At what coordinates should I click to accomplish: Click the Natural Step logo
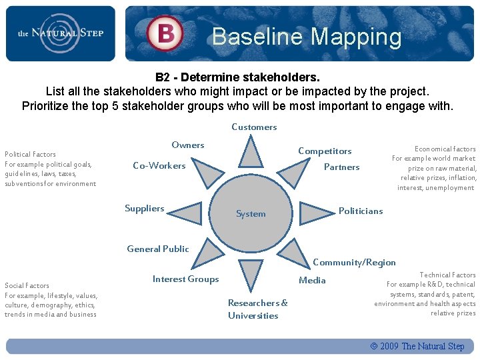pyautogui.click(x=60, y=33)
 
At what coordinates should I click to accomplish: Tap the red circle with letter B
pyautogui.click(x=165, y=33)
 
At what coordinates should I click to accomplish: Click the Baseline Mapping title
pyautogui.click(x=307, y=37)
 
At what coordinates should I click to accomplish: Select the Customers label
pyautogui.click(x=254, y=127)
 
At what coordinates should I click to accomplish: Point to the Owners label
pyautogui.click(x=188, y=145)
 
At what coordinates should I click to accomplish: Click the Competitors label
pyautogui.click(x=325, y=151)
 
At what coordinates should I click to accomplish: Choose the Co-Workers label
pyautogui.click(x=159, y=165)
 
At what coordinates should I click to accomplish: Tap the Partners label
pyautogui.click(x=341, y=167)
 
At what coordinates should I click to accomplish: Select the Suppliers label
pyautogui.click(x=144, y=209)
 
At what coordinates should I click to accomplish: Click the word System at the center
pyautogui.click(x=251, y=214)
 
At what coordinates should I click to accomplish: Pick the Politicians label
pyautogui.click(x=361, y=211)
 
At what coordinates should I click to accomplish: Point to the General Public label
pyautogui.click(x=158, y=249)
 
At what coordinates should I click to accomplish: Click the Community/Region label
pyautogui.click(x=354, y=263)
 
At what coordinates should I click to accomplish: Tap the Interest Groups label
pyautogui.click(x=185, y=279)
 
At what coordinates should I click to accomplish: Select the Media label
pyautogui.click(x=312, y=280)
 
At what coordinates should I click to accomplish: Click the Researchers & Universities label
pyautogui.click(x=258, y=309)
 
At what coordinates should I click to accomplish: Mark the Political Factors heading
pyautogui.click(x=31, y=154)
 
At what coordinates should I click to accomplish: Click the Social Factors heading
pyautogui.click(x=27, y=285)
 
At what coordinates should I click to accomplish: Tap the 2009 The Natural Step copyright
pyautogui.click(x=417, y=346)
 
